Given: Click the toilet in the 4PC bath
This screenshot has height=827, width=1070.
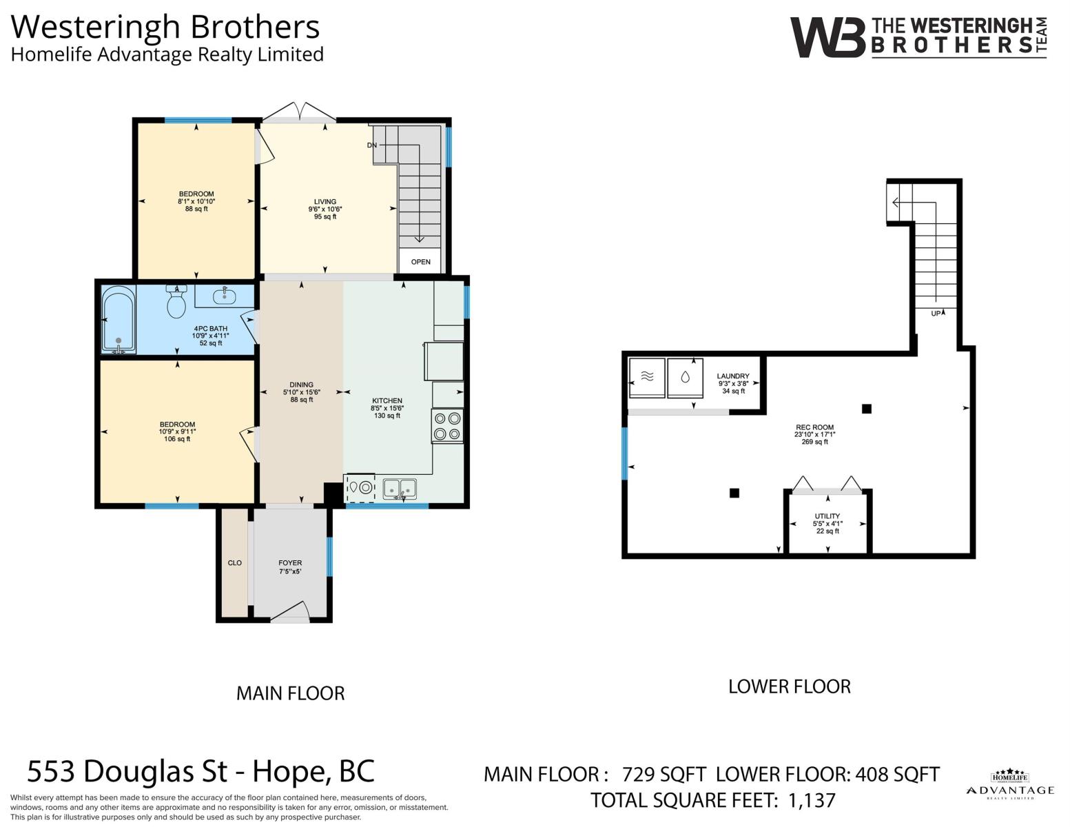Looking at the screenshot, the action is pos(176,301).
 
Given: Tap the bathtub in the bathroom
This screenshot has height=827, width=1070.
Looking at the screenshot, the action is pos(119,319).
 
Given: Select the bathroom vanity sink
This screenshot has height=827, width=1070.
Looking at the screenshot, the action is pos(225,296).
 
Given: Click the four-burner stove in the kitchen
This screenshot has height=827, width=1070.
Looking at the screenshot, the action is pos(447,426).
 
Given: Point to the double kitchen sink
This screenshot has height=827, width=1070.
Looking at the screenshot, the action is pos(400,489).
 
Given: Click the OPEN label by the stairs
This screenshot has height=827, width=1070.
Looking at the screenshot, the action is pos(421,262).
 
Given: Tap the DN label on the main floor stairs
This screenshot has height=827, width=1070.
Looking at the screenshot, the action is pos(372,145).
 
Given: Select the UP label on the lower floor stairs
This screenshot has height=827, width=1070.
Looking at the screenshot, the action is pos(936,314).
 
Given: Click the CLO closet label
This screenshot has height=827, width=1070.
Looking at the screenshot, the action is pos(235,563).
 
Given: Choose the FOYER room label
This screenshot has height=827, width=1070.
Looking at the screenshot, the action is pos(290,563).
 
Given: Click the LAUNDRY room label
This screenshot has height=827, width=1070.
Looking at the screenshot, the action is pos(733,376).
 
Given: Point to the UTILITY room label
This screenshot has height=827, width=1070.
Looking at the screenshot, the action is pos(827,516).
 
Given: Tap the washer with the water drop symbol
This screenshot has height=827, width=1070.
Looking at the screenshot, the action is pos(685,378).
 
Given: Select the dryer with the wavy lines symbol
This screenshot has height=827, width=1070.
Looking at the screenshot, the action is pos(647,378).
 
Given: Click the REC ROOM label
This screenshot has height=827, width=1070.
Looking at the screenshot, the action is pos(815,427).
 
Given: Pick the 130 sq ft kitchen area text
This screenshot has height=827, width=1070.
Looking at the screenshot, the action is pos(387,416).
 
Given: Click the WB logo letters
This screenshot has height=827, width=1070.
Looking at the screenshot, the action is pos(827,37).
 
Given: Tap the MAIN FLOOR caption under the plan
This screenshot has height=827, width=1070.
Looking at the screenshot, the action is pos(291,693).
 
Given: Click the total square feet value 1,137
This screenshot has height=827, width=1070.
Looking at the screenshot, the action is pos(812,800).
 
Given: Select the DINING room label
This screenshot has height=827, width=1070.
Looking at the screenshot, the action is pos(301,385).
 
